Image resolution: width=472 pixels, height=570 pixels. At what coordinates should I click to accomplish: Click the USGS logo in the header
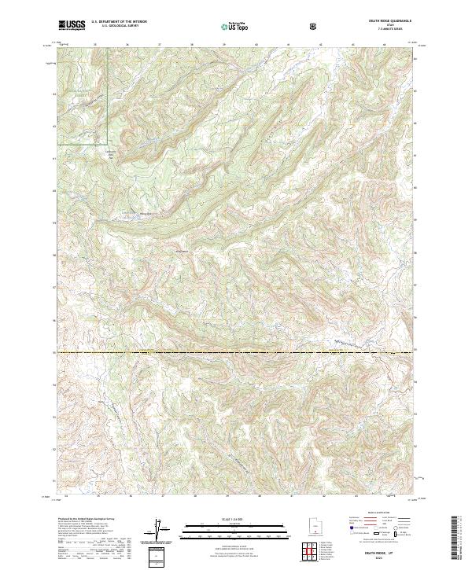72,26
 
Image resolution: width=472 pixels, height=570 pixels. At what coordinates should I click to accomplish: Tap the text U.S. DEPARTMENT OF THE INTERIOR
119,23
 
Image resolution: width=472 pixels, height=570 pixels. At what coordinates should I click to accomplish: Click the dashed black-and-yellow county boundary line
236,351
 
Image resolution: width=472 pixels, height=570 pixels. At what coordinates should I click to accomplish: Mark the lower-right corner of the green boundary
107,146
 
